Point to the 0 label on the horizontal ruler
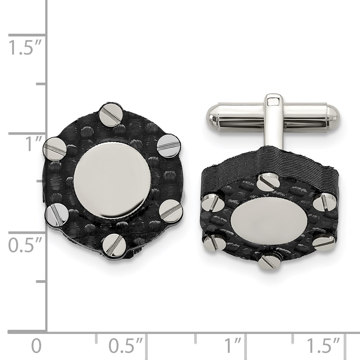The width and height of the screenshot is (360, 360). (36, 346)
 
